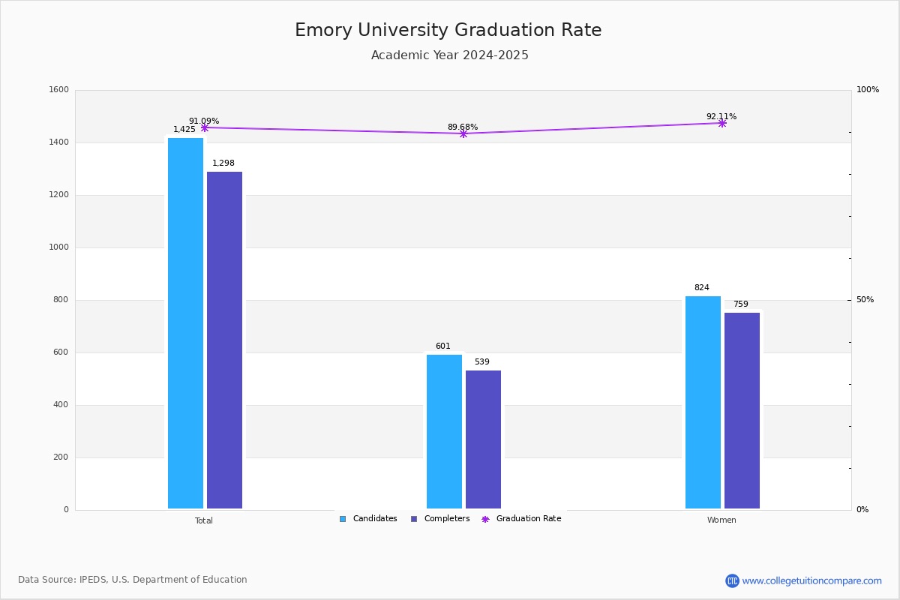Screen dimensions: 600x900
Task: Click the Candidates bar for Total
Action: (185, 323)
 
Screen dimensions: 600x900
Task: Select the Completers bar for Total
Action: (224, 340)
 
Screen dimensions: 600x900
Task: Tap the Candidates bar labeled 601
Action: (444, 431)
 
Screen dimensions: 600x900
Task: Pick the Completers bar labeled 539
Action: (483, 439)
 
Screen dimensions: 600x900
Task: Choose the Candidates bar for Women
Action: (703, 402)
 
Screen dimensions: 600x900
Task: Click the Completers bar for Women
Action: (742, 410)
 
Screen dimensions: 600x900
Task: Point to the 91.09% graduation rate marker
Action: (205, 127)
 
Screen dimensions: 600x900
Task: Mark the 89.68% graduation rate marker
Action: (463, 133)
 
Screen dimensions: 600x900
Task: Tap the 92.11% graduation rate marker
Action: (722, 123)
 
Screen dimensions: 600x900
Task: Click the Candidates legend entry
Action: (368, 519)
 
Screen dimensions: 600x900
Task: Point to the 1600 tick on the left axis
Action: (58, 90)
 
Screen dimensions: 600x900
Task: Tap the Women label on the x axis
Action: (721, 520)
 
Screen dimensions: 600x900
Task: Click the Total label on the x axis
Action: (204, 520)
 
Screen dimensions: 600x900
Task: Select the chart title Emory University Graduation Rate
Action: (448, 30)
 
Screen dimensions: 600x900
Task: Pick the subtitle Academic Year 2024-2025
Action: (450, 55)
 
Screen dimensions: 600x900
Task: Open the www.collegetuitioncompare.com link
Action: (811, 580)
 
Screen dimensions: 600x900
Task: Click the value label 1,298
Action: (223, 163)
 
